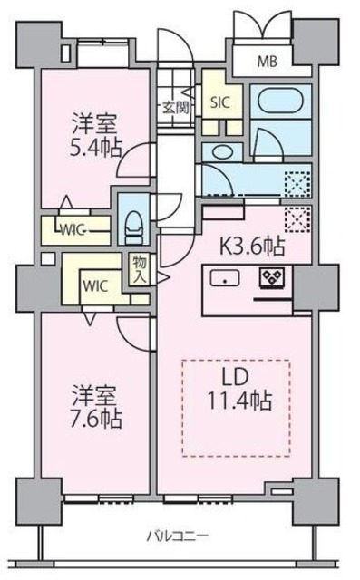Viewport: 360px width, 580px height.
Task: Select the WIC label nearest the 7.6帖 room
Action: coord(96,285)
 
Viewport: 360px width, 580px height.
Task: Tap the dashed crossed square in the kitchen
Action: coord(297,218)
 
